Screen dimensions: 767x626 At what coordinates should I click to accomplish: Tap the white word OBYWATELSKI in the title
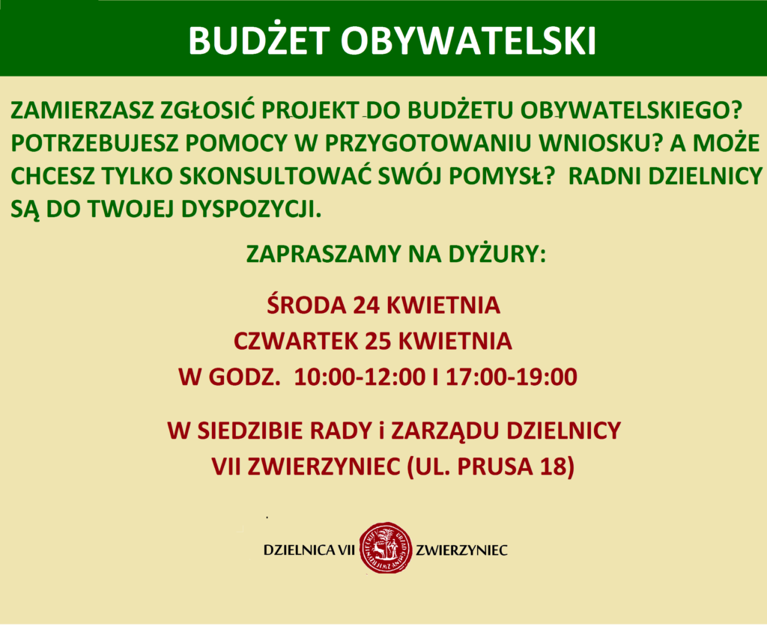click(469, 41)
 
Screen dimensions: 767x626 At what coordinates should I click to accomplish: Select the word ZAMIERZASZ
click(82, 111)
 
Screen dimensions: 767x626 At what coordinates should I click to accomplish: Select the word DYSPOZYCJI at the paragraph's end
click(252, 209)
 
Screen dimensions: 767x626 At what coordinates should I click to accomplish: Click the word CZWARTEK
click(295, 341)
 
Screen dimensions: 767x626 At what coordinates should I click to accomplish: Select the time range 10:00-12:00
click(360, 377)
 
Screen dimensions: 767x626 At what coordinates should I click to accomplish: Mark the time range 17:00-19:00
click(512, 377)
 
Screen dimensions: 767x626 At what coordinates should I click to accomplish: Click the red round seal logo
click(384, 550)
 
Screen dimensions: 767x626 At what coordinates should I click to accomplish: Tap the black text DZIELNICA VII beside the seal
click(309, 550)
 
